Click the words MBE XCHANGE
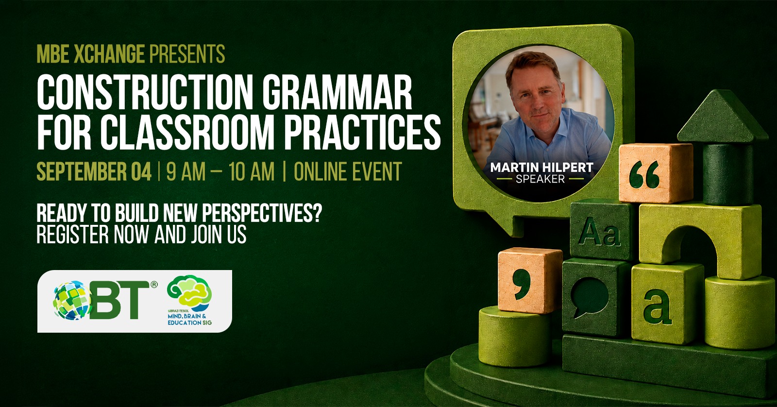[x=90, y=54]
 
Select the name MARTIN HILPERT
[x=541, y=168]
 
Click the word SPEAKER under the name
[x=540, y=179]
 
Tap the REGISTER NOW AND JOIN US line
[x=141, y=234]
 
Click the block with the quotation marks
[x=656, y=173]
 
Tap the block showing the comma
[x=530, y=281]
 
